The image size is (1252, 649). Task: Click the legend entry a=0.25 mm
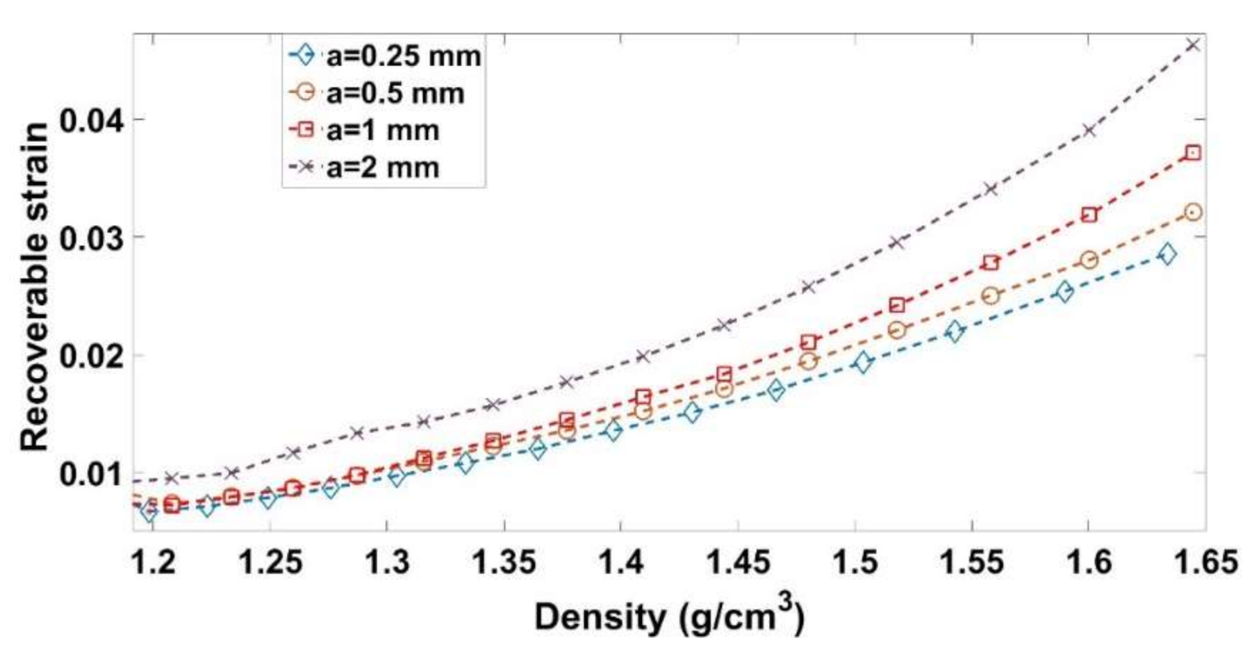point(403,56)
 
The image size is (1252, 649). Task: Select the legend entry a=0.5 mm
point(395,93)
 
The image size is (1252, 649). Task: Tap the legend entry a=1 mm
point(382,130)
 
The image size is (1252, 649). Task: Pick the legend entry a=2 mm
point(382,167)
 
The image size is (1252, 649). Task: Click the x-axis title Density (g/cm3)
point(668,616)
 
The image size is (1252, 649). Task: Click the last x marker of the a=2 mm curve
point(1194,45)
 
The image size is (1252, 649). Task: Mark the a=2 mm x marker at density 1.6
point(1089,130)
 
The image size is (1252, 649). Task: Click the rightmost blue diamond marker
point(1168,254)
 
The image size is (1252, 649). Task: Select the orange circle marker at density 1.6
point(1089,260)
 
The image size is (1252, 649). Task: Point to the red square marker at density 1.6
point(1089,215)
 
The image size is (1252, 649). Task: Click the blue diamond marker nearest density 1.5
point(863,362)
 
